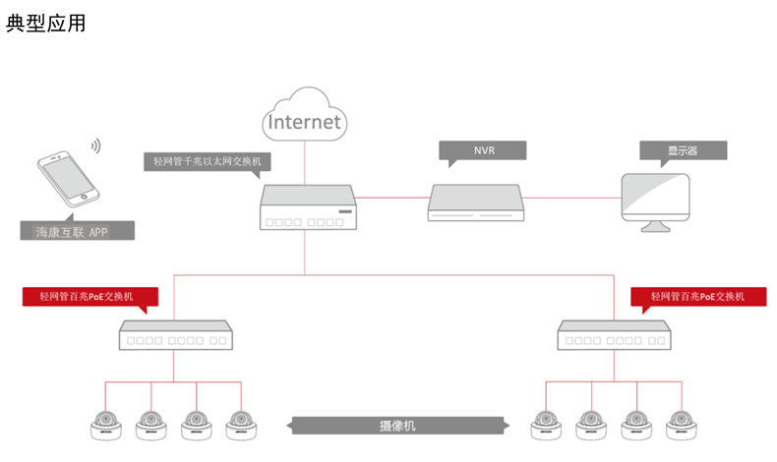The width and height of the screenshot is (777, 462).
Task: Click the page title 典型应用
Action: point(45,23)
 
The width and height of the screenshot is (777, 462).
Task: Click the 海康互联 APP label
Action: point(78,233)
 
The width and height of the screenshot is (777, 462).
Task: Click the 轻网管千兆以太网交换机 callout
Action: point(207,161)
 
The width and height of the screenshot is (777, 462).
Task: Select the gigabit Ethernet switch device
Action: point(306,209)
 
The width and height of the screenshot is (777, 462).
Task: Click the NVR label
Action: point(482,150)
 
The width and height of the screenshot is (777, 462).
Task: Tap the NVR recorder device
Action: point(477,202)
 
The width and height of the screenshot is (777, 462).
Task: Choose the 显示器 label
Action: point(683,150)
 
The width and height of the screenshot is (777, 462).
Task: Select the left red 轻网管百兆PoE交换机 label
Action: point(91,295)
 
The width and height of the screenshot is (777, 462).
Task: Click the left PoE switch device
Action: point(174,335)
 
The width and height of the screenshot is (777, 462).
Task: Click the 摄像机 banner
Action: point(397,426)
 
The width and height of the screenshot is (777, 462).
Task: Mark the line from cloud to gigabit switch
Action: point(305,162)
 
